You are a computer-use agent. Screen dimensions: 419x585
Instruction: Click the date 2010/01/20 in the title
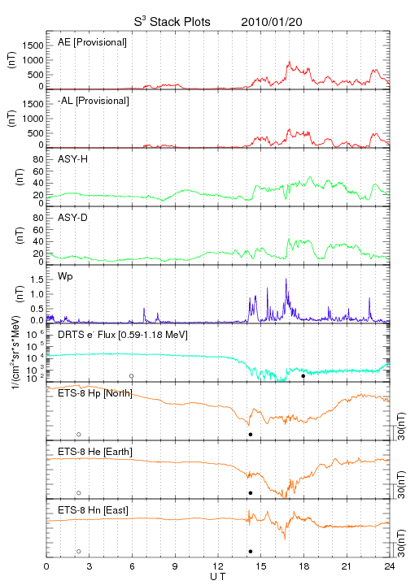pos(272,22)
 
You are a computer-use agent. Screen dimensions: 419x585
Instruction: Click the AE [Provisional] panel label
pos(92,42)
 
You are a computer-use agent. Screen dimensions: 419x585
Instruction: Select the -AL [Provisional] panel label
pos(94,101)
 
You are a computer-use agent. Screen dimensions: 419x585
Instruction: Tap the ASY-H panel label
pos(73,159)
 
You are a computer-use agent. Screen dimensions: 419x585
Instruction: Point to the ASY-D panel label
pos(73,218)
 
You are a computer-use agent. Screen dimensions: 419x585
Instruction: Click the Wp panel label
pos(65,277)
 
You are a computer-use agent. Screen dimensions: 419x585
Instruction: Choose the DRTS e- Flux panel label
pos(123,335)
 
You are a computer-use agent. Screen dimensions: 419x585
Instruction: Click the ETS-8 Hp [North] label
pos(95,393)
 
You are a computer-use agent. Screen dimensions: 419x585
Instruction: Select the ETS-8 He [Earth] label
pos(95,452)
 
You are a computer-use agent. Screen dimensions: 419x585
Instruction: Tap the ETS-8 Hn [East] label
pos(93,510)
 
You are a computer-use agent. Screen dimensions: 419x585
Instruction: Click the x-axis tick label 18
pos(304,566)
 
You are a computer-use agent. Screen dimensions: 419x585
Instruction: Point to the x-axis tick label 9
pos(175,566)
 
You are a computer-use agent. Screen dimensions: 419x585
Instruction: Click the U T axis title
pos(218,577)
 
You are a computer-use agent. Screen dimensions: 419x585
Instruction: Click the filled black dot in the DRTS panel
pos(303,376)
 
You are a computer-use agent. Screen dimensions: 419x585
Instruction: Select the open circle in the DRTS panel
pos(132,376)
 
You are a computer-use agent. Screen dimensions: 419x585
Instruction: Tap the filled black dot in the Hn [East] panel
pos(251,552)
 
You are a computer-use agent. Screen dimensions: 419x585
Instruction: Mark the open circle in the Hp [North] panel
pos(79,434)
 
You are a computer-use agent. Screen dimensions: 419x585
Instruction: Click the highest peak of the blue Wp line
pos(286,279)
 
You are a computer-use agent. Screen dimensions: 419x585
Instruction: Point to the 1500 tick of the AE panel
pos(33,45)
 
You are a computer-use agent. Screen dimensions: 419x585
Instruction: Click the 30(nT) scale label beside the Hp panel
pos(401,426)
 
